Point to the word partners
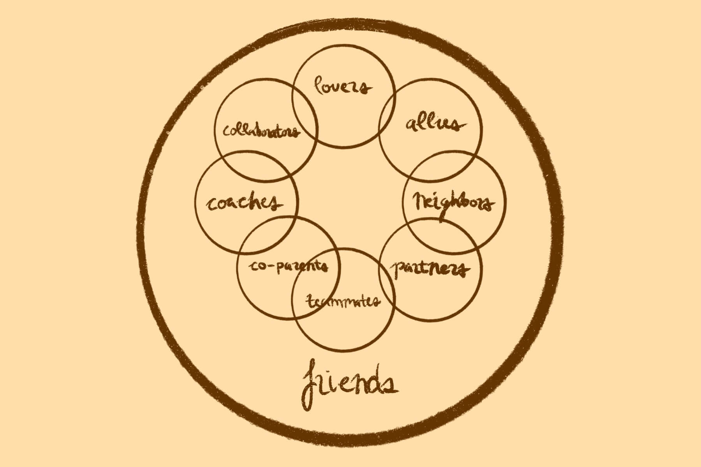[x=430, y=269]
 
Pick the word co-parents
[x=288, y=266]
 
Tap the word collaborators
[x=261, y=131]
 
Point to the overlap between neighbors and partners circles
[x=442, y=235]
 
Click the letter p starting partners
[x=398, y=269]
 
